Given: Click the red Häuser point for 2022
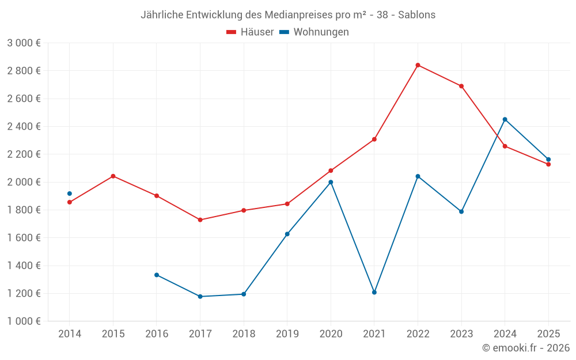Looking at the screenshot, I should click(x=418, y=65).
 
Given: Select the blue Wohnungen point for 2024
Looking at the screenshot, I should click(x=505, y=119).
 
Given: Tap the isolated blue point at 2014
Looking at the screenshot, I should click(x=70, y=194).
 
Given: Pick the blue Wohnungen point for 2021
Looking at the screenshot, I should click(x=374, y=292).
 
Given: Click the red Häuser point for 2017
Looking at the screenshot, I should click(x=200, y=220).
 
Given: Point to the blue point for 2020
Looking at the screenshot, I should click(x=331, y=182).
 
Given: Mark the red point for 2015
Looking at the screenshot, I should click(x=113, y=176).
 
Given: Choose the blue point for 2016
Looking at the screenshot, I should click(x=157, y=275).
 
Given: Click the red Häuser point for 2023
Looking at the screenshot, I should click(x=461, y=86).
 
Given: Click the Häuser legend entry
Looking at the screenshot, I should click(x=250, y=32).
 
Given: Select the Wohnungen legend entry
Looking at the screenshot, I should click(x=314, y=32).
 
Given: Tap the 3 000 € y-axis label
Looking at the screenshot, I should click(x=24, y=43).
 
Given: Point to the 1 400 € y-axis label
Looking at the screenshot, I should click(x=24, y=266).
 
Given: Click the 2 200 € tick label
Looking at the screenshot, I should click(x=24, y=154).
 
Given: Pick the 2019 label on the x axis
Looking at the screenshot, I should click(x=287, y=334).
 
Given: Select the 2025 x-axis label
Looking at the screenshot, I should click(x=548, y=334).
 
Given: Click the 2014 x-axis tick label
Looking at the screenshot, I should click(x=70, y=334).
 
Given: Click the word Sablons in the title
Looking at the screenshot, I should click(x=417, y=14).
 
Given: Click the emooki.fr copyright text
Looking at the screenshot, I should click(x=525, y=348).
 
